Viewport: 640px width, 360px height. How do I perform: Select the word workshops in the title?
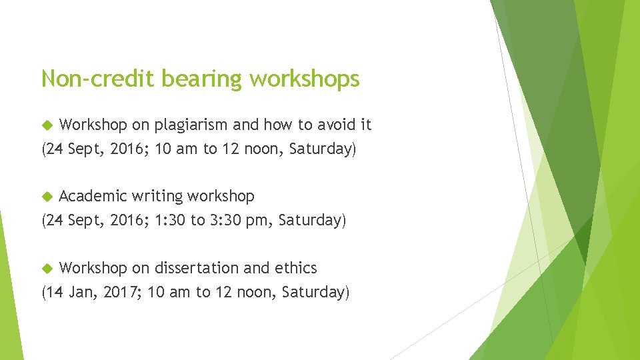pyautogui.click(x=305, y=79)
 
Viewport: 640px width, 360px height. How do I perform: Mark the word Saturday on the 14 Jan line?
pyautogui.click(x=315, y=292)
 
